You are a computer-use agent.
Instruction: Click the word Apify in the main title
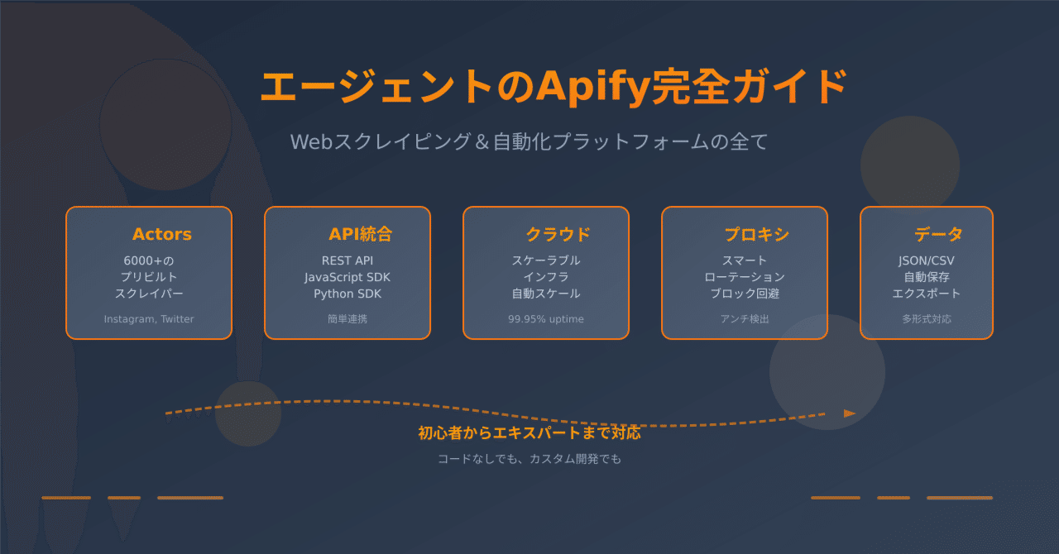tap(592, 88)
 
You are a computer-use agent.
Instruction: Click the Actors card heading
tap(161, 234)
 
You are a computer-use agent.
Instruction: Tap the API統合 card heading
tap(360, 234)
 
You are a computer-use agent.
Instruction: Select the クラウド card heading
tap(558, 234)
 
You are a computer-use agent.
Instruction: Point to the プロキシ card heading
tap(757, 234)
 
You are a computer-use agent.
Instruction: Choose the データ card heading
tap(938, 234)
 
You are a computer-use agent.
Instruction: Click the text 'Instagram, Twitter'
tap(149, 319)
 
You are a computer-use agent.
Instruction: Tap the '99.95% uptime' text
tap(546, 319)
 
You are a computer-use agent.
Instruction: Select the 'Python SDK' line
tap(347, 294)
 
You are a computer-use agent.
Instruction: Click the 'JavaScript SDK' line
tap(347, 277)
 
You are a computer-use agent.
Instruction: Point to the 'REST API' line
tap(347, 260)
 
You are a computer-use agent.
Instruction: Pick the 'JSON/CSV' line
tap(926, 260)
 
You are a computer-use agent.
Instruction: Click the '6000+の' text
tap(149, 260)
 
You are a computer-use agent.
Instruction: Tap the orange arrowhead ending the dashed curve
tap(850, 413)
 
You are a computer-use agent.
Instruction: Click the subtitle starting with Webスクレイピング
tap(529, 142)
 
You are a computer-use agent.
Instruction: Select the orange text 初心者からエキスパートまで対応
tap(529, 432)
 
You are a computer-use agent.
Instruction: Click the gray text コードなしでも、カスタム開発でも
tap(529, 459)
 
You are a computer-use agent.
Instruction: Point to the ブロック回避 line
tap(745, 294)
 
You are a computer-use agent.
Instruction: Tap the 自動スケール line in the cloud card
tap(546, 294)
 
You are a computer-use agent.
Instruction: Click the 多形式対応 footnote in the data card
tap(927, 319)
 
